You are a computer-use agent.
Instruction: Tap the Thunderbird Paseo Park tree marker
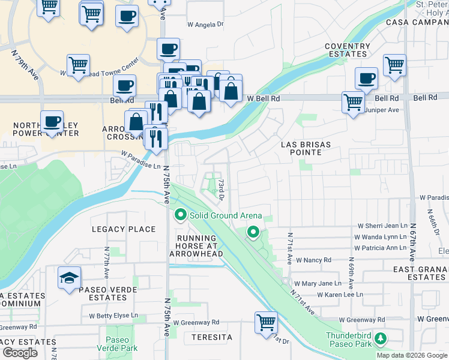(380, 340)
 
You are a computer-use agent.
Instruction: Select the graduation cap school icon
(70, 278)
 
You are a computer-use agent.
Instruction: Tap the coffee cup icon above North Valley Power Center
(52, 122)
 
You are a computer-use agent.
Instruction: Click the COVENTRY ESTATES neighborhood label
(347, 50)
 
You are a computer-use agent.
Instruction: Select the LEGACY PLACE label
(124, 229)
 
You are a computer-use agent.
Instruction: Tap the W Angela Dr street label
(205, 25)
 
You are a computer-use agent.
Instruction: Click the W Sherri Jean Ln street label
(382, 226)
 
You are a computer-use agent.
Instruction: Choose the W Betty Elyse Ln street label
(113, 315)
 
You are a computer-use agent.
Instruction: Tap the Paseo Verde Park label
(122, 344)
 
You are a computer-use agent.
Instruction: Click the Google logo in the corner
(20, 353)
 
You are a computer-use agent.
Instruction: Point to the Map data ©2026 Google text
(411, 355)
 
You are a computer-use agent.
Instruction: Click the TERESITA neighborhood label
(211, 338)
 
